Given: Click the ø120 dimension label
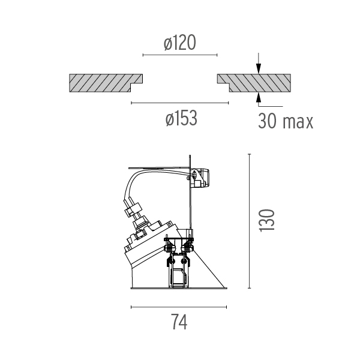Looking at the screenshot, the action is (x=180, y=43).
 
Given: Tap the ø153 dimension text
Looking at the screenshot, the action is (x=181, y=118).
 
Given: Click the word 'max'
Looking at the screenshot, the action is (x=298, y=122).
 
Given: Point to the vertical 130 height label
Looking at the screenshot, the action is (x=266, y=220).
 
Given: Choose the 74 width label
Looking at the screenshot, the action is (x=179, y=322).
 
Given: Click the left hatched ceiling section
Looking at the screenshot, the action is (x=106, y=83).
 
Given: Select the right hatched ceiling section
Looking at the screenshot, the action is (x=254, y=83).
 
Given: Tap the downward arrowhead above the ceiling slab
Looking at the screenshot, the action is (x=259, y=68).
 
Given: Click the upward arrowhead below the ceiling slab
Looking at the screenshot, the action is (x=259, y=98).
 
